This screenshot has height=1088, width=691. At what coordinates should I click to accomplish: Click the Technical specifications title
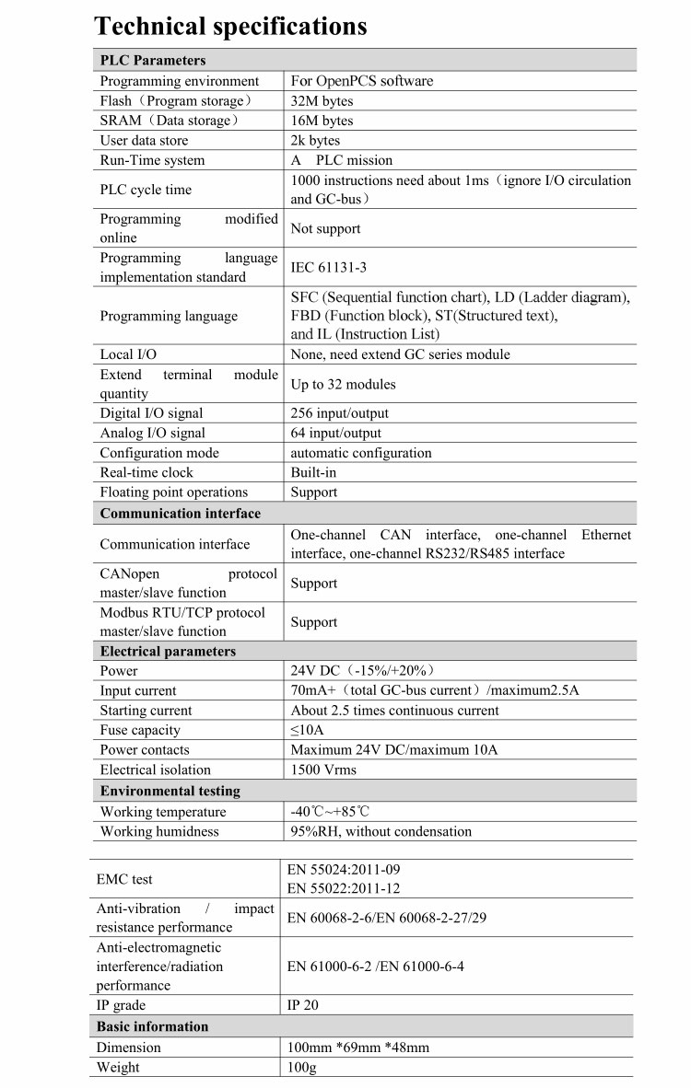(x=230, y=26)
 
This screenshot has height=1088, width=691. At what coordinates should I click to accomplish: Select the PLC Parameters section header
(x=153, y=61)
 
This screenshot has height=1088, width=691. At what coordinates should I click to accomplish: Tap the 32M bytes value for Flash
(x=322, y=101)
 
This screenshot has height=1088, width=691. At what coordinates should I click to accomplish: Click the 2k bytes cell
(x=315, y=141)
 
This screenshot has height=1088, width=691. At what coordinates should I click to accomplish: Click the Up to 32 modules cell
(x=343, y=385)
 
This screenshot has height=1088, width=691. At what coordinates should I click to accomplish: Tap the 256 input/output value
(x=339, y=413)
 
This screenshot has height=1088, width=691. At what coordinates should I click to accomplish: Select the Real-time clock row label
(x=146, y=472)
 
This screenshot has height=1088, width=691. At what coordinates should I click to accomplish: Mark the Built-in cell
(x=313, y=472)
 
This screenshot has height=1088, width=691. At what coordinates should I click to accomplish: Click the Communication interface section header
(x=181, y=514)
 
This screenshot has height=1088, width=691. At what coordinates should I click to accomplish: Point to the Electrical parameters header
(x=168, y=652)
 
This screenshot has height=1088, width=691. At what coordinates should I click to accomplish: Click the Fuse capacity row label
(x=140, y=730)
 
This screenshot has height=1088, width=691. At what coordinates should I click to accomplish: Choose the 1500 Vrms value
(x=323, y=770)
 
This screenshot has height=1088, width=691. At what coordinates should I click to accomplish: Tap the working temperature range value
(x=330, y=812)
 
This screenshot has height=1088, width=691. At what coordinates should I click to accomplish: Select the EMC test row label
(x=124, y=880)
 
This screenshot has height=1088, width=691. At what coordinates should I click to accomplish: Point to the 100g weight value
(x=302, y=1068)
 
